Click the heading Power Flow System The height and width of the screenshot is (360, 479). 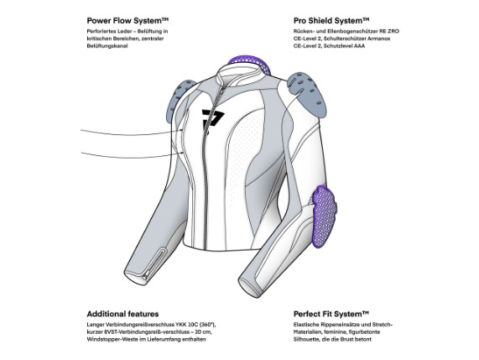[x=128, y=21]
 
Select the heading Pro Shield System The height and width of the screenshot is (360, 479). [x=331, y=21]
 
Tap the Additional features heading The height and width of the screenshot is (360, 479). [x=122, y=314]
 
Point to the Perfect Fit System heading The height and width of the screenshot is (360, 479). [x=331, y=314]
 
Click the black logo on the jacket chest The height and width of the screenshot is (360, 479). [x=212, y=120]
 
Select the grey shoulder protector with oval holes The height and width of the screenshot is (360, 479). [x=308, y=91]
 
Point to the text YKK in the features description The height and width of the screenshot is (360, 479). [x=181, y=324]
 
